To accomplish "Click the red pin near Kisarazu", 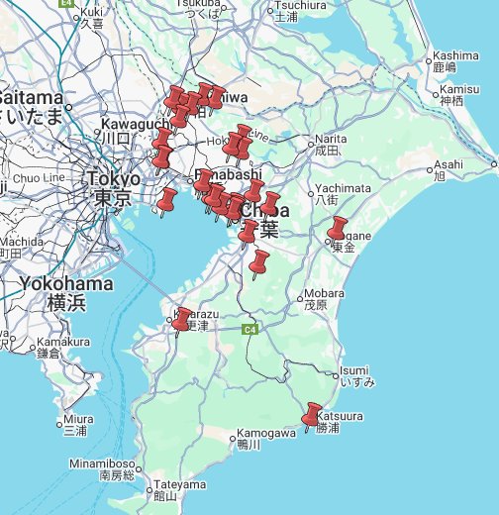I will [181, 319].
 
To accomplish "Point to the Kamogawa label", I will [265, 433].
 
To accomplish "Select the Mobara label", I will [324, 293].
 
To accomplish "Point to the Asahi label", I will [448, 163].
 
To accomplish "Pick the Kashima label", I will [455, 55].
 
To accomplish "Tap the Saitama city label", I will [32, 98].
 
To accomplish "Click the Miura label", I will [77, 419].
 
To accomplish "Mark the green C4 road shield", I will [250, 328].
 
